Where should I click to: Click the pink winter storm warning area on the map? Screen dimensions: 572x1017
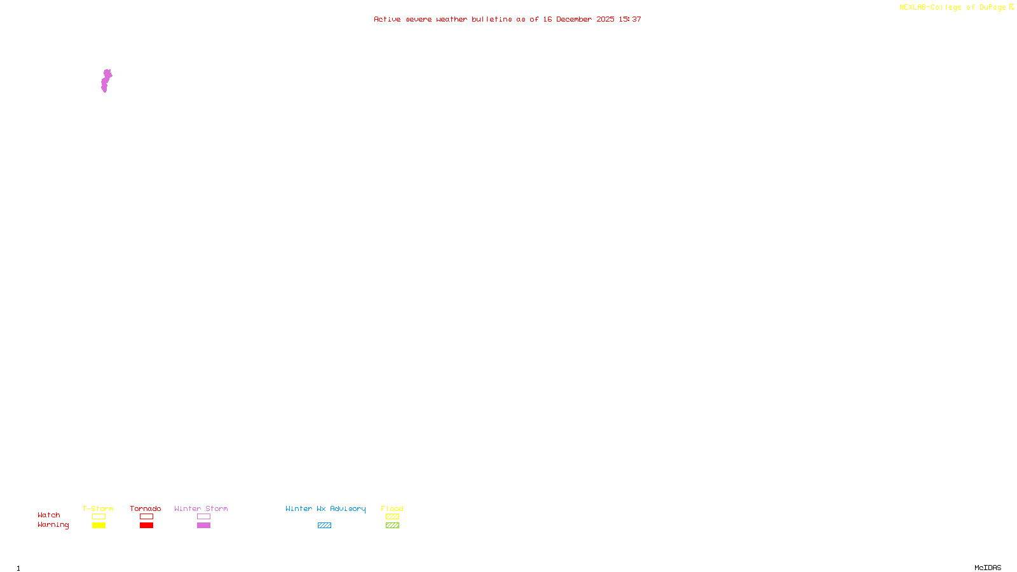tap(105, 81)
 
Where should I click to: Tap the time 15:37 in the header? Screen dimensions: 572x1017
tap(630, 20)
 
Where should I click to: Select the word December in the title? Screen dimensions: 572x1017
tap(574, 20)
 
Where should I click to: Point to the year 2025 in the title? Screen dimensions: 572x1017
tap(605, 20)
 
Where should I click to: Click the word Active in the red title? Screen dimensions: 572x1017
tap(387, 20)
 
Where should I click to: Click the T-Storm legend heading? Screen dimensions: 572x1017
tap(98, 508)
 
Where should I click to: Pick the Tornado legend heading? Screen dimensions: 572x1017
tap(146, 508)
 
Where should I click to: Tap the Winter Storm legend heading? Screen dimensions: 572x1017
tap(201, 508)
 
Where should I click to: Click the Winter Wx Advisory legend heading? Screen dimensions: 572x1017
tap(325, 508)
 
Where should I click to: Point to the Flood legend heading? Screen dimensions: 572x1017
tap(392, 508)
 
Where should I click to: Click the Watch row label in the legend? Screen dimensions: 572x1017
tap(49, 515)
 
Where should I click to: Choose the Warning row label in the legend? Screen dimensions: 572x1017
tap(53, 525)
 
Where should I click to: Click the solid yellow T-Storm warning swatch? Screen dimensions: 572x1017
tap(99, 526)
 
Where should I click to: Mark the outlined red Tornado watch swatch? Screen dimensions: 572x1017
tap(146, 517)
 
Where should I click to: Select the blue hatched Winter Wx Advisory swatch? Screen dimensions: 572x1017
tap(324, 526)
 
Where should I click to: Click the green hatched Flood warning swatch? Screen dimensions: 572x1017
tap(392, 526)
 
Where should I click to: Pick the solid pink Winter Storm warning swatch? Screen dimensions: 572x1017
tap(203, 526)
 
